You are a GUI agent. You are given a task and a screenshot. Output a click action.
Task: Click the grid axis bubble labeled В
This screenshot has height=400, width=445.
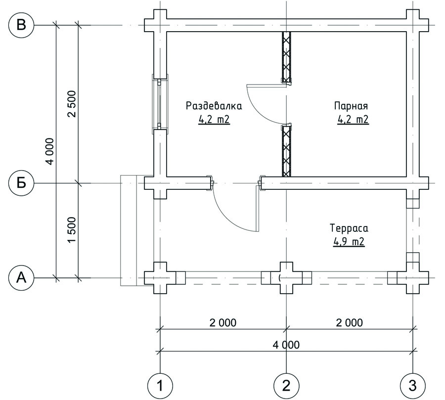point(21,25)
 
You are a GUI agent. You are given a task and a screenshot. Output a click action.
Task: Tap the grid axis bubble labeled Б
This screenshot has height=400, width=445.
point(21,183)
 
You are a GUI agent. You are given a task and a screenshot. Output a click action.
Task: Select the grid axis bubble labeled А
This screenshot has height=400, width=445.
point(21,277)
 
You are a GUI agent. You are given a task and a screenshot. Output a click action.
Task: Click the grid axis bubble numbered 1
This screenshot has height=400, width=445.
point(160,386)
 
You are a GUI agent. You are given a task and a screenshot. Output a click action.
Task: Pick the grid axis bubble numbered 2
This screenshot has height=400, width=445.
point(286,386)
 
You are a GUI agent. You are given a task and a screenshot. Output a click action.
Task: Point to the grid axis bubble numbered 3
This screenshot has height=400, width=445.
point(413,386)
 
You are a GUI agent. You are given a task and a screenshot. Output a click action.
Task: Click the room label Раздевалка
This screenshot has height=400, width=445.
point(214,106)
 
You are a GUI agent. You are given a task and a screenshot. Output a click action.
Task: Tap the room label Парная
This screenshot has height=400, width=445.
point(351,106)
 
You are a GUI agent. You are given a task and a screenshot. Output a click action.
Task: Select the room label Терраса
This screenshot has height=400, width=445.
point(349,228)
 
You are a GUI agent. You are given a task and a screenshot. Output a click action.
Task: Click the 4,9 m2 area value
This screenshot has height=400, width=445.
point(349,242)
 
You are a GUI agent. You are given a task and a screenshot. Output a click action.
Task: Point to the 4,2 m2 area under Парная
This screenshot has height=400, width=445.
point(353,119)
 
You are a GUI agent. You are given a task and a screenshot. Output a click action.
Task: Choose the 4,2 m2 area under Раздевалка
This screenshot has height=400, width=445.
point(214,120)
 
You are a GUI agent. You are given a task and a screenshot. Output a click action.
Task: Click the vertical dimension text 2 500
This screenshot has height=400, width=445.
point(72,104)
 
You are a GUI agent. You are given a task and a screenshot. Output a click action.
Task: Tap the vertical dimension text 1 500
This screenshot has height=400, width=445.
point(72,230)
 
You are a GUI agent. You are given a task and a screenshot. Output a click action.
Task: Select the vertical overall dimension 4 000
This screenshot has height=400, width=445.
point(49,151)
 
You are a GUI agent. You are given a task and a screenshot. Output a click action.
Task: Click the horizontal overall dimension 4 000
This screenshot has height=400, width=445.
point(286,345)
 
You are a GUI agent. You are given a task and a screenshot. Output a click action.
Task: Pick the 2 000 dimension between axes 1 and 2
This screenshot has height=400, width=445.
point(223,323)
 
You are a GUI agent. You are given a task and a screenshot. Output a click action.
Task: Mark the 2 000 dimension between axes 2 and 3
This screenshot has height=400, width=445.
point(350,323)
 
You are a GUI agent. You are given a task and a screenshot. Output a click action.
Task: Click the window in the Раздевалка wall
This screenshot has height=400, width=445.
point(160,104)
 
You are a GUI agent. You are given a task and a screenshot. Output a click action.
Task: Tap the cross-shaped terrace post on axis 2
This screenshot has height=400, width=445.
point(286,278)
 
